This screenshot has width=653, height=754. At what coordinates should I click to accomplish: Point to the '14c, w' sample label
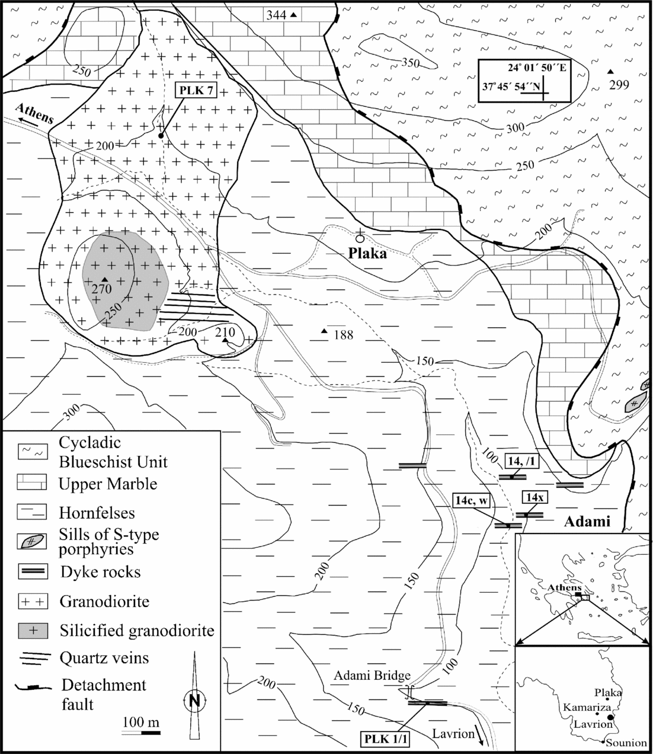click(473, 500)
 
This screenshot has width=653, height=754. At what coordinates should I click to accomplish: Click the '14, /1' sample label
click(517, 461)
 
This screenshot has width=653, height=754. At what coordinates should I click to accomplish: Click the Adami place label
click(586, 522)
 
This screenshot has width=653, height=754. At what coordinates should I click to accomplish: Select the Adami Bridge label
click(372, 676)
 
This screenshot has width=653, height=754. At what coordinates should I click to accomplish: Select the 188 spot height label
click(342, 335)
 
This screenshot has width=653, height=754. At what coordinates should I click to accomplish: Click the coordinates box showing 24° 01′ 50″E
click(524, 81)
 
